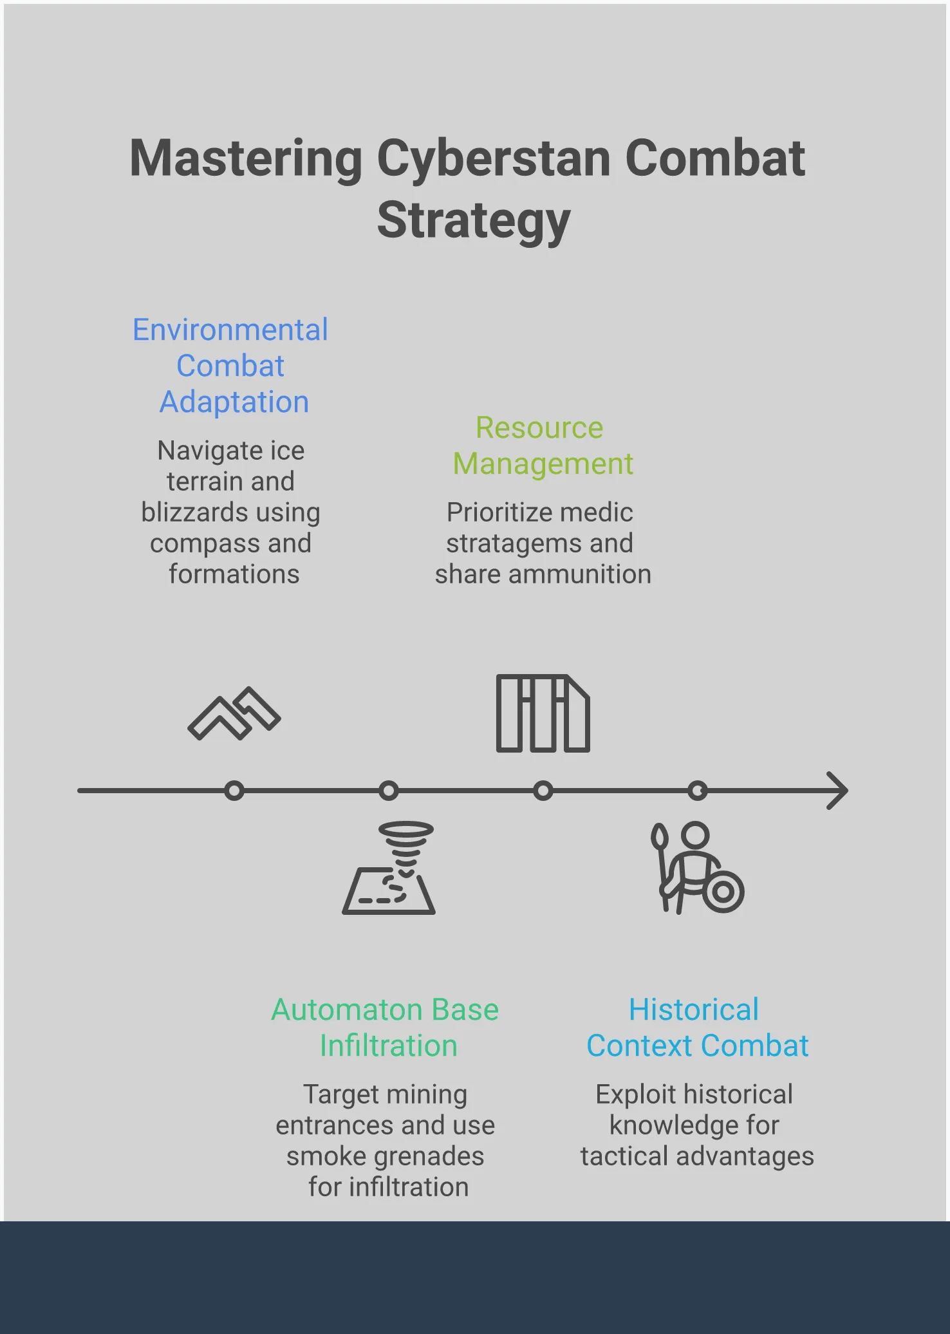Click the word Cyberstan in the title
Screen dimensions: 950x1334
(x=494, y=160)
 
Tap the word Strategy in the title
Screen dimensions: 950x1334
(x=474, y=221)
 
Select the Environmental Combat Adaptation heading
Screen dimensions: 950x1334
(x=231, y=366)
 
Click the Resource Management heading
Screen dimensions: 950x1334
(x=543, y=446)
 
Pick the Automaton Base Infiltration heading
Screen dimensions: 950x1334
(x=386, y=1028)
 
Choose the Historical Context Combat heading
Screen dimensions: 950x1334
(x=697, y=1028)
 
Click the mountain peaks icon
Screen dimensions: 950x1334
(x=234, y=714)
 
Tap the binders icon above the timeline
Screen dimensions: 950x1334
(x=543, y=713)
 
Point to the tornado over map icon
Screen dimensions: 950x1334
(x=389, y=868)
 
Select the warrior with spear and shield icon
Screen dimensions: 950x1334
(x=698, y=868)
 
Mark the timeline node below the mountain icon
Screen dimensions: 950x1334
(x=234, y=790)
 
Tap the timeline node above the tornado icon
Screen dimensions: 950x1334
(x=389, y=790)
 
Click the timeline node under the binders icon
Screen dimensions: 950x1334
(x=543, y=790)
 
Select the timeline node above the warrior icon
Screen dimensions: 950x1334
(x=698, y=790)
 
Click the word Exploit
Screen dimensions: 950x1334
(x=636, y=1094)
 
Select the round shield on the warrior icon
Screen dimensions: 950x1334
(x=723, y=892)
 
